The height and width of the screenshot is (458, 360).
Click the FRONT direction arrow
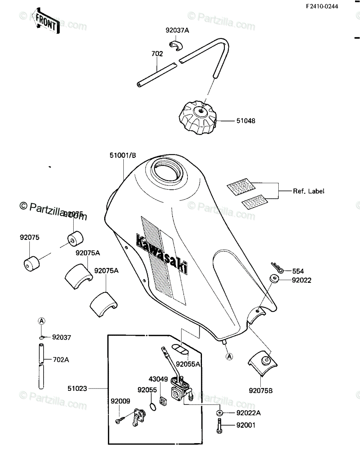[45, 21]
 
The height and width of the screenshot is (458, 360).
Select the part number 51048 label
[245, 121]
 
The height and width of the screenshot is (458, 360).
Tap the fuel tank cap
[198, 117]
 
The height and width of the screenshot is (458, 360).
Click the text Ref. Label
[308, 191]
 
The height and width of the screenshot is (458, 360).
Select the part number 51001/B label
[123, 156]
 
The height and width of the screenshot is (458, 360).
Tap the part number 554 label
[298, 271]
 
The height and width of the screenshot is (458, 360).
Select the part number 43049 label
[158, 379]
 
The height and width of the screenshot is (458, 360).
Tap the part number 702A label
[61, 360]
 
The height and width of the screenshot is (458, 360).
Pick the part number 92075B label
[261, 390]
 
